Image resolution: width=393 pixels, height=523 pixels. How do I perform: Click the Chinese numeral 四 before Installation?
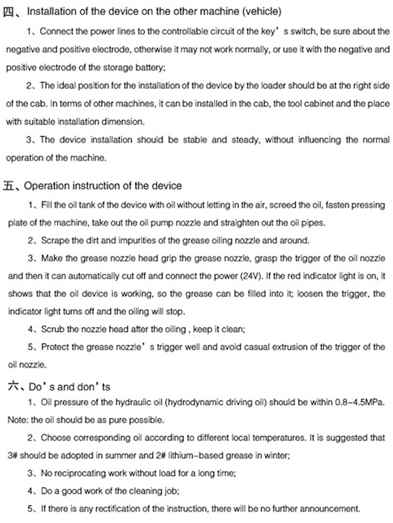click(x=10, y=10)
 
